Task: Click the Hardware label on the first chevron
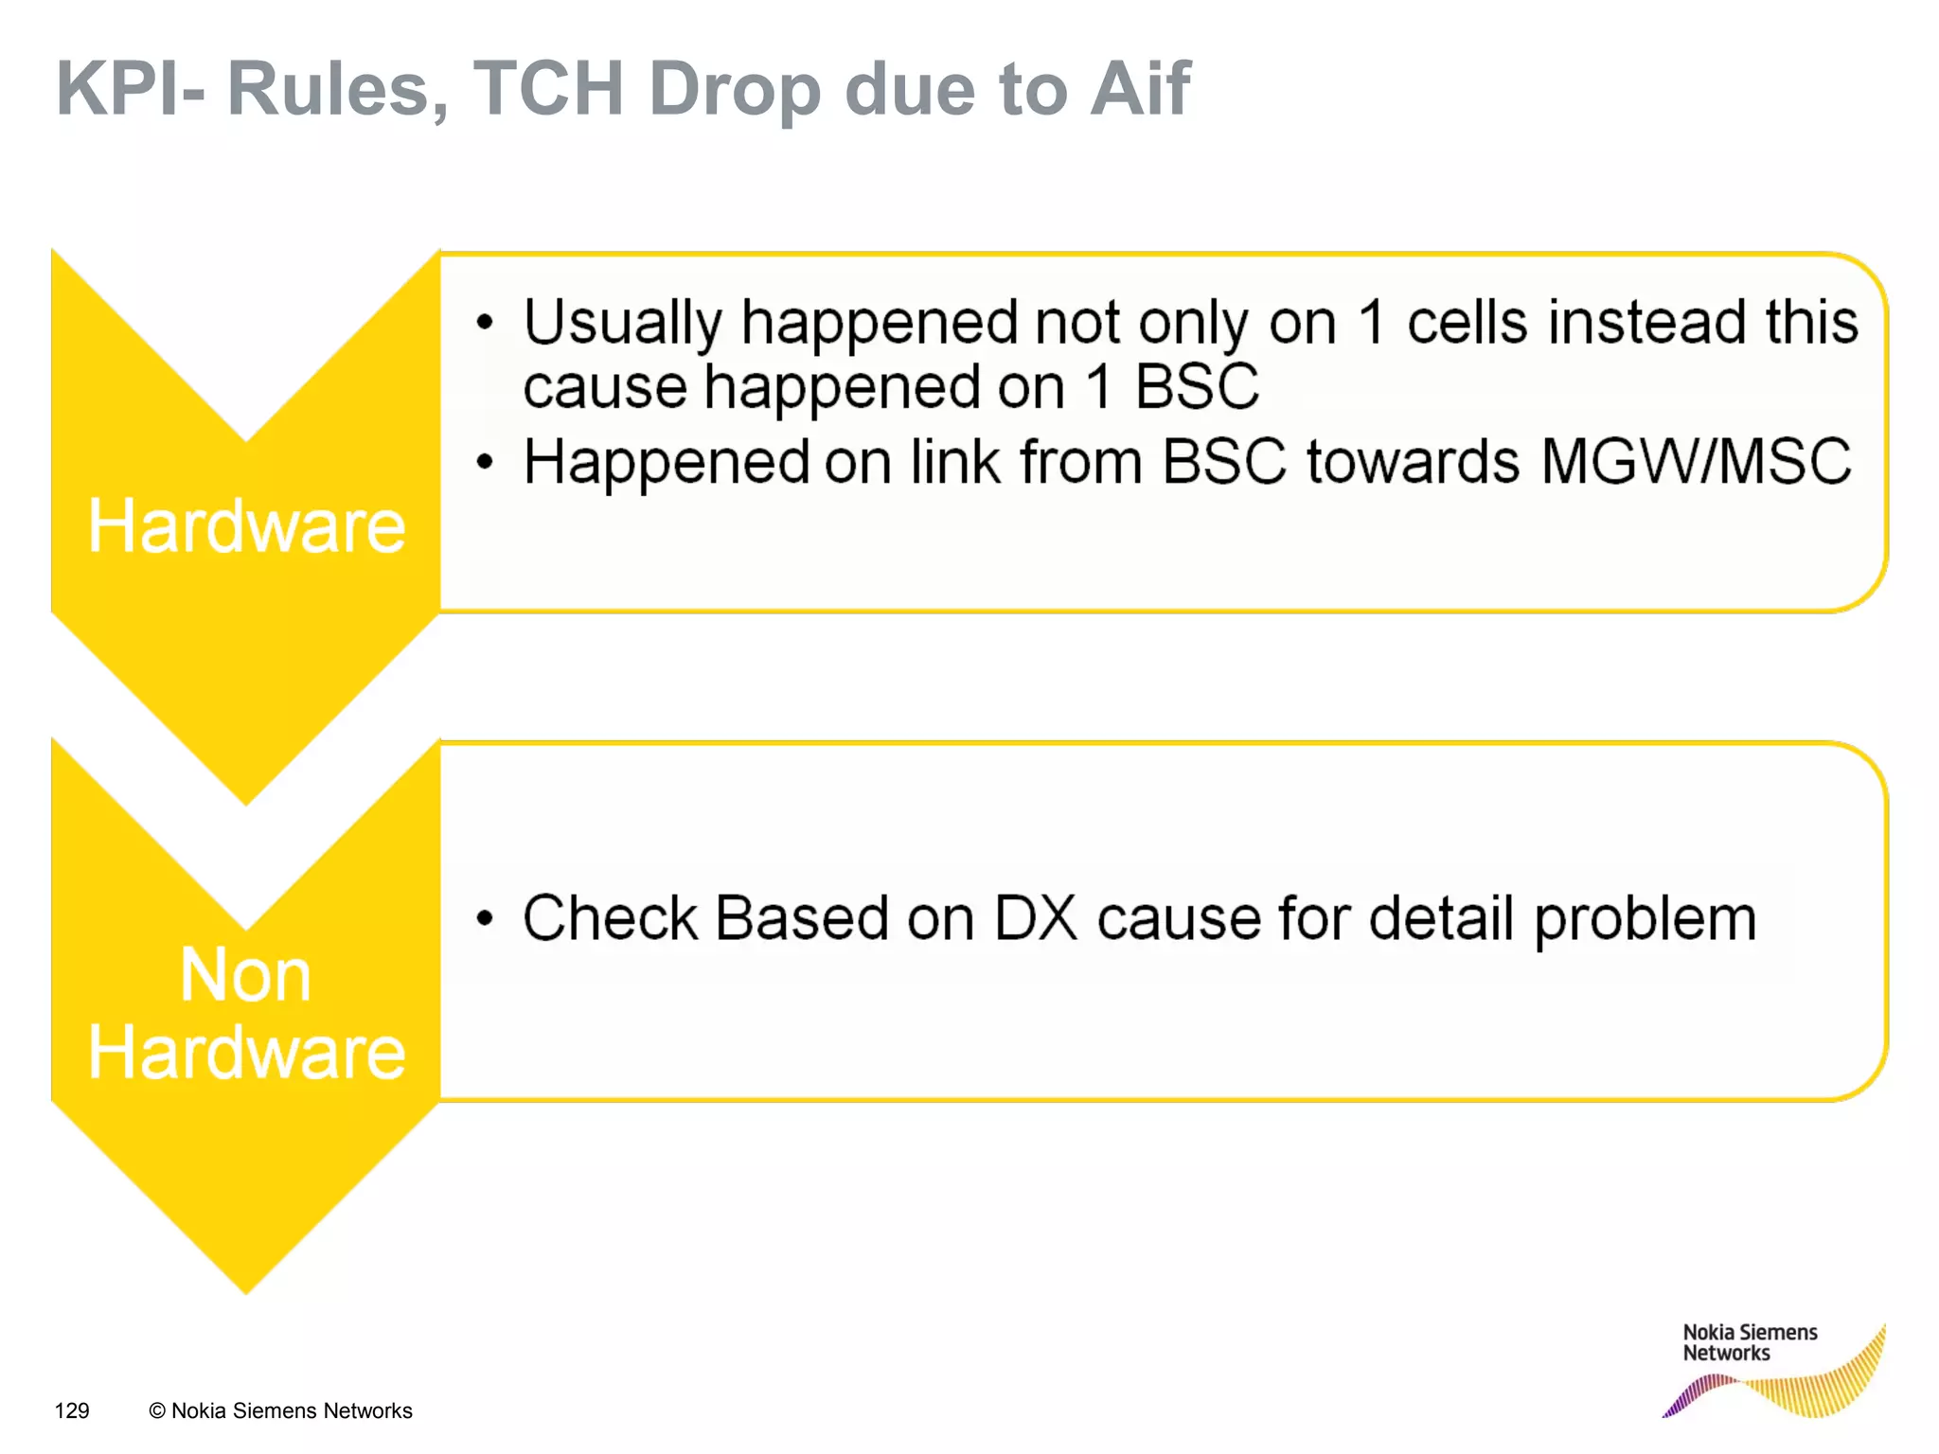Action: point(246,526)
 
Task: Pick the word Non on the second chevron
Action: point(245,975)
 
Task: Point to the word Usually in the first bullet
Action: point(622,324)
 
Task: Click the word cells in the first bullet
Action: point(1467,322)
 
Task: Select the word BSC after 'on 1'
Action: point(1197,387)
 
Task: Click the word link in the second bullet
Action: point(954,462)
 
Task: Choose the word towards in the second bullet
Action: point(1413,462)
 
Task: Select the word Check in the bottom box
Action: point(610,918)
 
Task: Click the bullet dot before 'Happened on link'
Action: point(485,463)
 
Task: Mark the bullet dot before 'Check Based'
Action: point(485,918)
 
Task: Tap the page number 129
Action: point(72,1410)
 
